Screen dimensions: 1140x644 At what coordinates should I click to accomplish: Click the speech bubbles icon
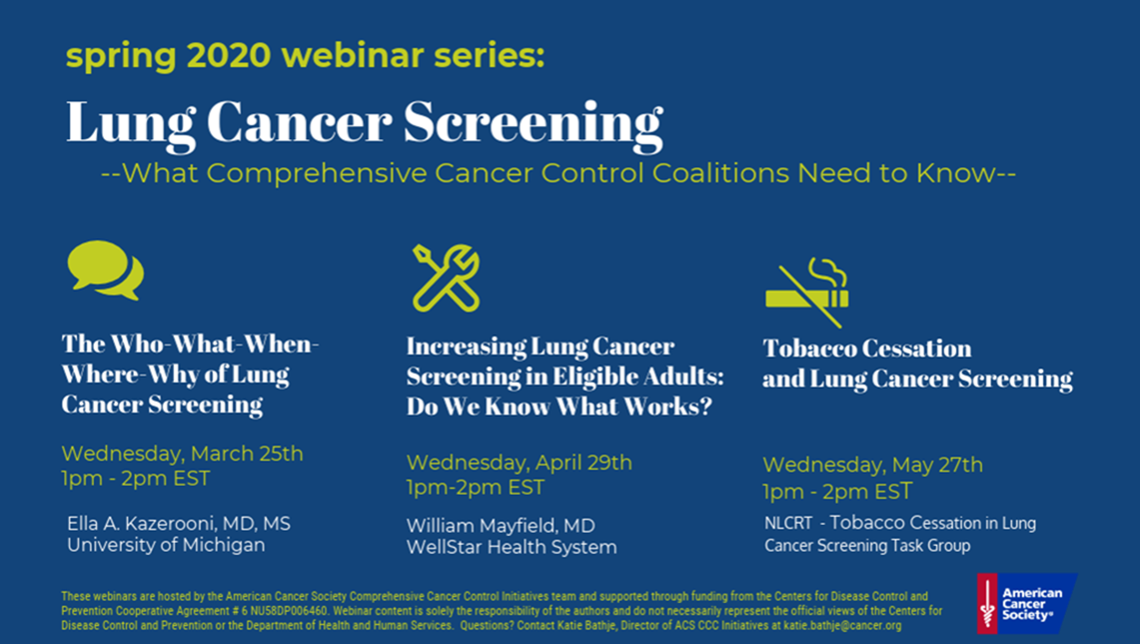(106, 270)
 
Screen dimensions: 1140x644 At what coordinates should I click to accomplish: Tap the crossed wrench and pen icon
(447, 278)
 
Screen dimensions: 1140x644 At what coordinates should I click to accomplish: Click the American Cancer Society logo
(1026, 603)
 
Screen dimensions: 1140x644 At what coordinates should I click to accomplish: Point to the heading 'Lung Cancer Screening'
(365, 123)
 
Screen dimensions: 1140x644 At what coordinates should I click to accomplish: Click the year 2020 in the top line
(228, 55)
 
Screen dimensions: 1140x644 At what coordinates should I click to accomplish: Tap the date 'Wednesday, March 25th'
(183, 454)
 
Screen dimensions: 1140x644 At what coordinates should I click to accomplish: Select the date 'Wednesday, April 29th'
(520, 463)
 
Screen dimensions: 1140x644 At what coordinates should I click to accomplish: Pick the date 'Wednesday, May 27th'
(872, 465)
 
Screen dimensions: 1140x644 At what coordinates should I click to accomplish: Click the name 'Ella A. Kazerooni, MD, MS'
(179, 524)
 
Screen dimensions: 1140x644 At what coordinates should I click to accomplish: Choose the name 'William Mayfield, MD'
(501, 525)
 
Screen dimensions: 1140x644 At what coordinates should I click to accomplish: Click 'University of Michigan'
(166, 545)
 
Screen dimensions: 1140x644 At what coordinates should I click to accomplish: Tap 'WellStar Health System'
(512, 547)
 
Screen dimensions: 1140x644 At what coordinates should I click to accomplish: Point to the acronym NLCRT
(788, 523)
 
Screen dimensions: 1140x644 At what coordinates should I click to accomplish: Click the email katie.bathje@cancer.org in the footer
(842, 625)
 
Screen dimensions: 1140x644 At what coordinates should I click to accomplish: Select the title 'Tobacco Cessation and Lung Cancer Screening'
(917, 364)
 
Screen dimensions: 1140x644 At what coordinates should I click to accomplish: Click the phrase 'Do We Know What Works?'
(560, 406)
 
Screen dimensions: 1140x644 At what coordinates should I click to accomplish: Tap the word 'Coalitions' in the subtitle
(719, 173)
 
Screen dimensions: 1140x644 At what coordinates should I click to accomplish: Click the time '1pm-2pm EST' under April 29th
(476, 488)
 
